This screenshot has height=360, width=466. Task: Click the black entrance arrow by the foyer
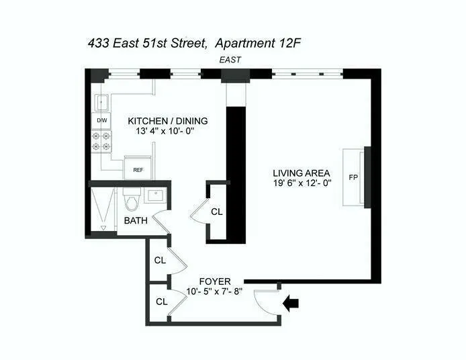[291, 304]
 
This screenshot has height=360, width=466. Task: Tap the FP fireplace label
[353, 178]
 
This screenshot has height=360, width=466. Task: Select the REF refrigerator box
[138, 170]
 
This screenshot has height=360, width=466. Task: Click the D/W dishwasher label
[102, 121]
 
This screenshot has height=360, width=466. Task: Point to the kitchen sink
[102, 103]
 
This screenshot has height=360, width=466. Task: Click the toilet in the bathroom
[130, 201]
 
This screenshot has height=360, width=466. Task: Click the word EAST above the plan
[230, 60]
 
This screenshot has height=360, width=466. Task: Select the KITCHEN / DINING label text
[168, 121]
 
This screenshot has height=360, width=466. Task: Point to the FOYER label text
[215, 281]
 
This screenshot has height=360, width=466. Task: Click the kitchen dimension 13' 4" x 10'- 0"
[168, 132]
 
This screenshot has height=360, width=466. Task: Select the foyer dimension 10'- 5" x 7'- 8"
[214, 291]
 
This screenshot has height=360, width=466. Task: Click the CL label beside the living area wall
[216, 211]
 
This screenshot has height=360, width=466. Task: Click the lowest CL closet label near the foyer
[161, 302]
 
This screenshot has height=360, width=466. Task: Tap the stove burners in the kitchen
[102, 140]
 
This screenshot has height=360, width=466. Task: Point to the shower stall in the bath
[103, 209]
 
